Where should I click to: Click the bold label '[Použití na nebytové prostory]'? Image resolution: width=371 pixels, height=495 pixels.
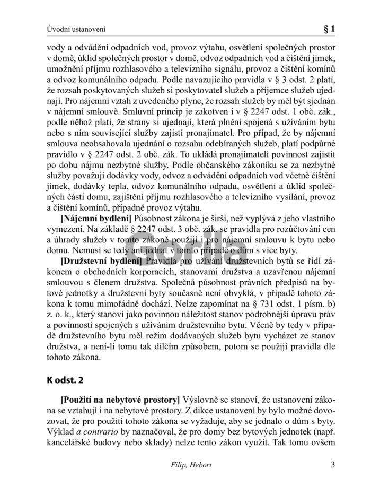point(120,399)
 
